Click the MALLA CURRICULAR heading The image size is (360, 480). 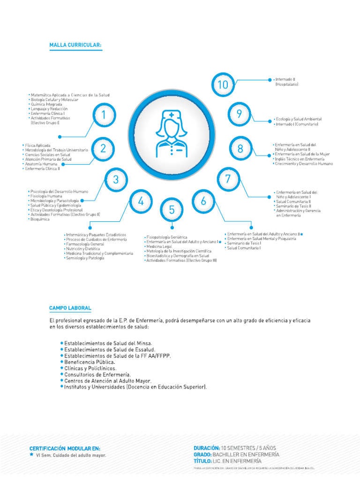(x=75, y=45)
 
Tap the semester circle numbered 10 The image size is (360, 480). (x=223, y=85)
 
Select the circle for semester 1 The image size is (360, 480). (x=104, y=115)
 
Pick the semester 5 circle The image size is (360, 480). (x=172, y=210)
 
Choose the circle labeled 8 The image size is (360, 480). (x=240, y=149)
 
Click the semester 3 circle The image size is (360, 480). (x=116, y=179)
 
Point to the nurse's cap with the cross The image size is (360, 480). (x=171, y=115)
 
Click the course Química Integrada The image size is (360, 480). (x=45, y=104)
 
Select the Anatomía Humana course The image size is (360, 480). (x=41, y=164)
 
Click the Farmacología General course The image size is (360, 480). (x=85, y=244)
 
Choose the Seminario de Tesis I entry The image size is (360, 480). (x=243, y=243)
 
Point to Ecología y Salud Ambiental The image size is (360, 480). (x=298, y=120)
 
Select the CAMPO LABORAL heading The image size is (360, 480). (x=70, y=308)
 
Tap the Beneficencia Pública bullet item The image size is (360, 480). (x=89, y=362)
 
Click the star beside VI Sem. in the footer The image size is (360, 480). (x=31, y=455)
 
